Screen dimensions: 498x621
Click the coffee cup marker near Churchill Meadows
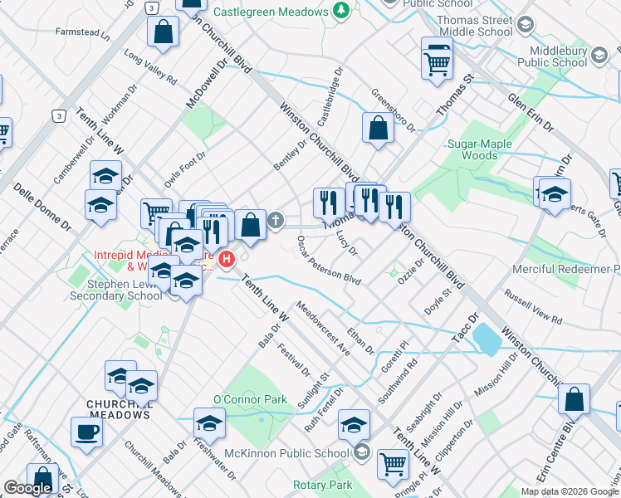pos(86,432)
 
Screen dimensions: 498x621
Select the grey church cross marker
pos(276,221)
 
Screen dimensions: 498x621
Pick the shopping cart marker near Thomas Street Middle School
pos(437,61)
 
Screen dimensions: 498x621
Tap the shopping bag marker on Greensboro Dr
pos(378,128)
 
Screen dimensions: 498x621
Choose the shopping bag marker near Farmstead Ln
pos(163,32)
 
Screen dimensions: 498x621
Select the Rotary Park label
pos(322,486)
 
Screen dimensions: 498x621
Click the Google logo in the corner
pos(27,488)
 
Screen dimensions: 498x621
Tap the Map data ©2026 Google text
pos(570,491)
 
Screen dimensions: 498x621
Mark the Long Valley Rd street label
pos(150,69)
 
